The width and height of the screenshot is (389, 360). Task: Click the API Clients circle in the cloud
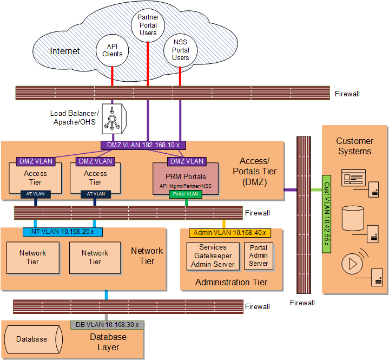pyautogui.click(x=112, y=50)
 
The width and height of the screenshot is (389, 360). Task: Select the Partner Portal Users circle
pyautogui.click(x=147, y=25)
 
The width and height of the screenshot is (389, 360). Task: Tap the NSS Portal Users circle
pyautogui.click(x=180, y=50)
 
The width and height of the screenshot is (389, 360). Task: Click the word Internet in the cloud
pyautogui.click(x=65, y=51)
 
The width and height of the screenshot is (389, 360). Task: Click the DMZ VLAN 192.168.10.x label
pyautogui.click(x=143, y=145)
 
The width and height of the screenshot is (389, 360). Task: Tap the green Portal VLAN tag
pyautogui.click(x=186, y=194)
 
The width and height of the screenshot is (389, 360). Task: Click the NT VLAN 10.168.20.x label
pyautogui.click(x=62, y=232)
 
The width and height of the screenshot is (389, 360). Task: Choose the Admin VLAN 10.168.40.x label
pyautogui.click(x=229, y=233)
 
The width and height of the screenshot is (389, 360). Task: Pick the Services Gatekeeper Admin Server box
pyautogui.click(x=213, y=256)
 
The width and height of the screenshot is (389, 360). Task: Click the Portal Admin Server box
pyautogui.click(x=259, y=256)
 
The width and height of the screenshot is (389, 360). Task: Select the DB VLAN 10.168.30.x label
pyautogui.click(x=107, y=325)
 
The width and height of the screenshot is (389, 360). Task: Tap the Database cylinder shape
pyautogui.click(x=32, y=339)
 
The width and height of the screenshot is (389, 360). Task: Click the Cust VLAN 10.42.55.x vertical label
pyautogui.click(x=326, y=213)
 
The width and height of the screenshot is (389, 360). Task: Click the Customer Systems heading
pyautogui.click(x=354, y=146)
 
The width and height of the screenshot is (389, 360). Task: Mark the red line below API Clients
pyautogui.click(x=112, y=76)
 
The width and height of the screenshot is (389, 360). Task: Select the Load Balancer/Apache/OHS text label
pyautogui.click(x=75, y=117)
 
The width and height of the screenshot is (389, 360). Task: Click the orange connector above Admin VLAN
pyautogui.click(x=224, y=224)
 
